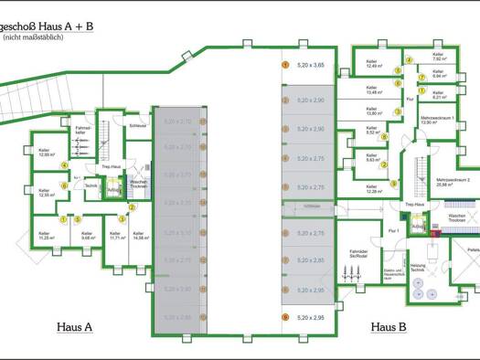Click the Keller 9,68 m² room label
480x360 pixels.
click(87, 235)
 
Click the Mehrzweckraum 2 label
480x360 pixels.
click(452, 182)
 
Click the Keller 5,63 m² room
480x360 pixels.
click(373, 157)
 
